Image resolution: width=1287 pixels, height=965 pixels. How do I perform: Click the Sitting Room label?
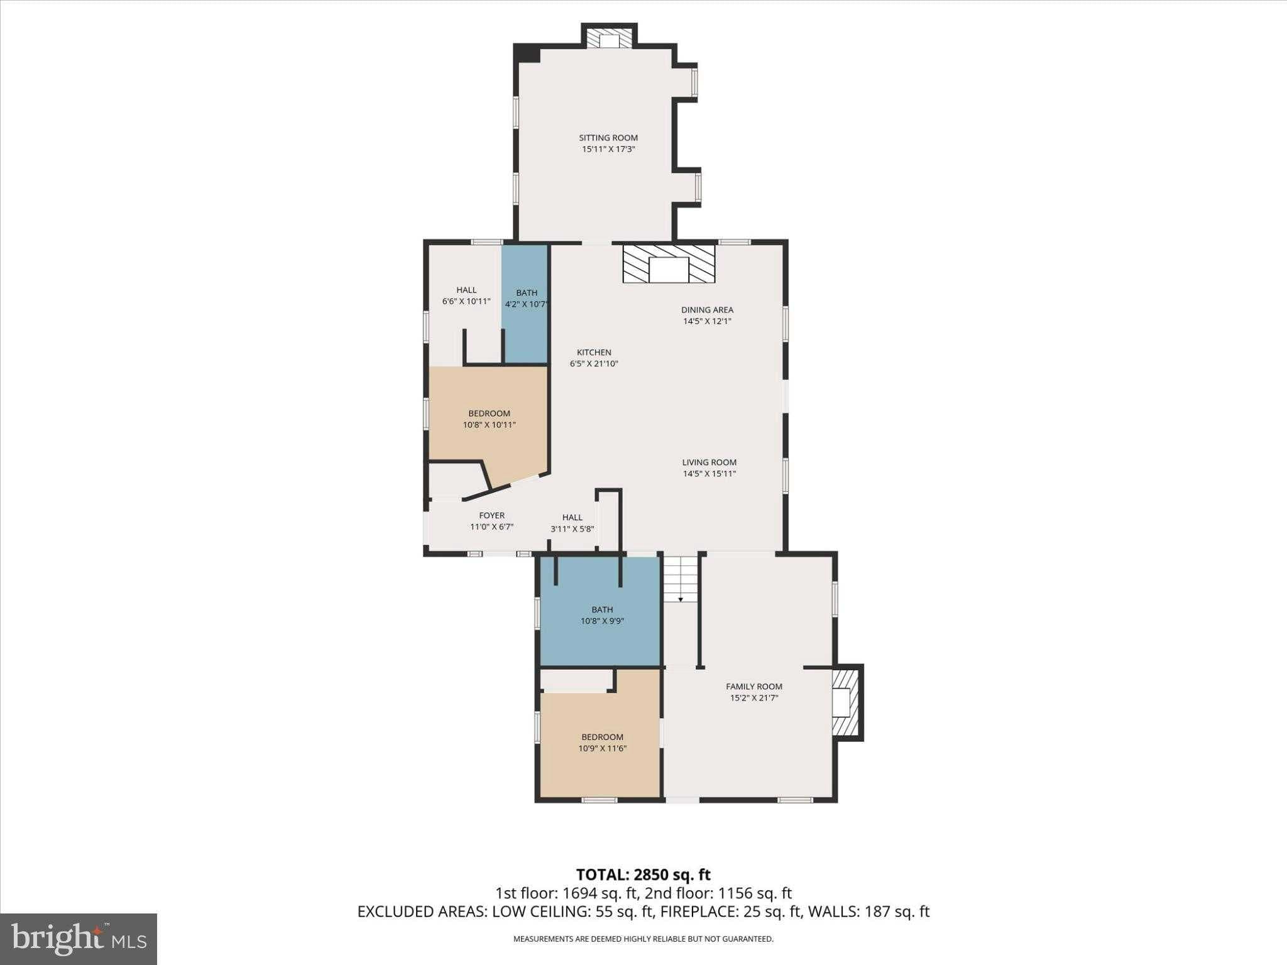[x=608, y=138]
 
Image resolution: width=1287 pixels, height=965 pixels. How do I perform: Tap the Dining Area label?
[x=707, y=310]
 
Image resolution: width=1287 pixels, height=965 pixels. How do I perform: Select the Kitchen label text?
[x=594, y=352]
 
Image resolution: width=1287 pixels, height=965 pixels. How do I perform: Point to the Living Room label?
[x=709, y=462]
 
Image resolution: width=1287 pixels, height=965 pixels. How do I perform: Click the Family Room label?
[x=754, y=687]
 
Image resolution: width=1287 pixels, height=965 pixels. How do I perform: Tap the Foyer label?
[x=491, y=516]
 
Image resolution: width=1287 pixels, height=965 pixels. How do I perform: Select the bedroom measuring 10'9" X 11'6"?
[x=601, y=744]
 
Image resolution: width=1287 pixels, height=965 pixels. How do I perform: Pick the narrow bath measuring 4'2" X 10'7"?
[x=525, y=304]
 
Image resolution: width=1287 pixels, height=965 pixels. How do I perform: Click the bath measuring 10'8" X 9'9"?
[x=601, y=613]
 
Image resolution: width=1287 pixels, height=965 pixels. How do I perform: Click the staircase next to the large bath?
[x=681, y=579]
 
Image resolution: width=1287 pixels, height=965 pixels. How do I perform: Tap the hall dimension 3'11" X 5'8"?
[x=572, y=529]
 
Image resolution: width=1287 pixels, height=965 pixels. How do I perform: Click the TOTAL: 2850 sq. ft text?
[x=643, y=875]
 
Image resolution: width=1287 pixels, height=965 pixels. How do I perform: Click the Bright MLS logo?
[x=79, y=939]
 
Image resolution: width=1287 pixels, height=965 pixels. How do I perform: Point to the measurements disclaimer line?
[x=643, y=939]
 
